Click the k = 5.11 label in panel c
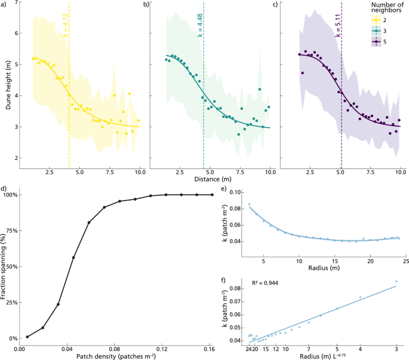click(x=338, y=26)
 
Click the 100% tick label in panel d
click(x=11, y=195)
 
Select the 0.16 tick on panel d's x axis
click(x=213, y=348)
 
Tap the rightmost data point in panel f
click(x=396, y=281)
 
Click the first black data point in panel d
click(x=27, y=337)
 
